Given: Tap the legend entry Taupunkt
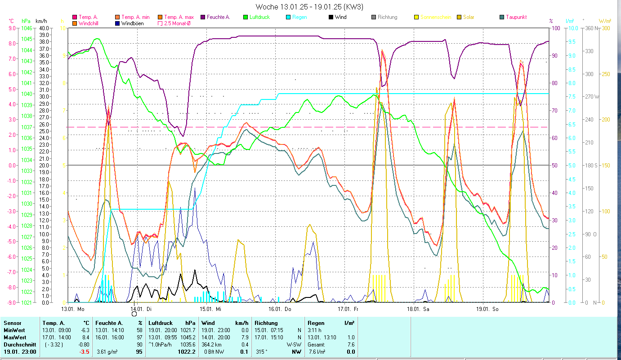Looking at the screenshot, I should click(x=516, y=17).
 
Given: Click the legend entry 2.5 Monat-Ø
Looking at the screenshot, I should click(x=177, y=23).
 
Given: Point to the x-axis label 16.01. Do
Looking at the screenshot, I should click(x=280, y=309).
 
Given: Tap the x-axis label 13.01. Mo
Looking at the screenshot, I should click(x=73, y=309).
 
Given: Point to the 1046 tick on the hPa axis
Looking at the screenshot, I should click(x=27, y=28).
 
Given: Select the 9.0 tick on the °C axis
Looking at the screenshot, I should click(x=12, y=28).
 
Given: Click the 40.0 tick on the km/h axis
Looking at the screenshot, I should click(x=44, y=28).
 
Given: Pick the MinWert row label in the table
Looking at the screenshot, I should click(x=15, y=330).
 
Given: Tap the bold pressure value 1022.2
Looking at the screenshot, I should click(x=188, y=352).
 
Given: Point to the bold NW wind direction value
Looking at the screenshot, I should click(x=296, y=352).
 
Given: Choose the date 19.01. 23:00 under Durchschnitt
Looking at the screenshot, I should click(x=20, y=352).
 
